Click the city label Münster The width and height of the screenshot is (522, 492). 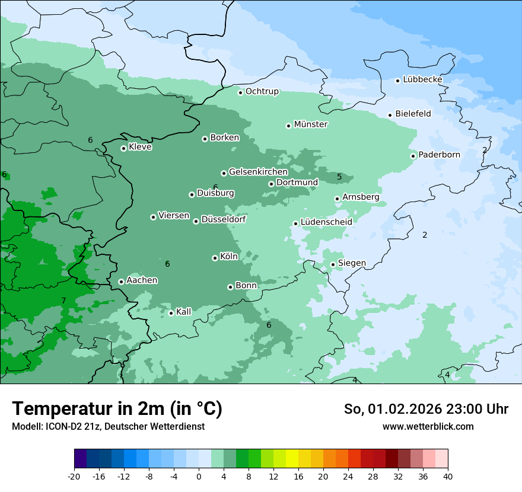coord(311,124)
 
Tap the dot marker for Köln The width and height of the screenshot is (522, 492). coord(215,258)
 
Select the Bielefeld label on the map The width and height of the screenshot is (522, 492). coord(413,114)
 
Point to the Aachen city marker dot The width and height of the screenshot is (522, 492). coord(121,282)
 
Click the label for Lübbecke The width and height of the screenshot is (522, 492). coord(422,79)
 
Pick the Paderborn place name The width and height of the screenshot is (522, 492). coord(439,155)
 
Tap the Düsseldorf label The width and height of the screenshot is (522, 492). coord(224,219)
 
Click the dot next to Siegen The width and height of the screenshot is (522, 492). coord(333,264)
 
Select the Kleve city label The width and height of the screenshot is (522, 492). coord(141,147)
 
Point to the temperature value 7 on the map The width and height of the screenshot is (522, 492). coord(63,301)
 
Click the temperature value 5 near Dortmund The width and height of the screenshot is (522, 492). coord(339,177)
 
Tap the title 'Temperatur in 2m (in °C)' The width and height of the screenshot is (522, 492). coord(117,409)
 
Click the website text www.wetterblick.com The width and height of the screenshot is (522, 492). coord(428,426)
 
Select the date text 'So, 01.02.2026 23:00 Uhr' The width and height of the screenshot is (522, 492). coord(426,409)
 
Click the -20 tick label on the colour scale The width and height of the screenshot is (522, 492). coord(74,476)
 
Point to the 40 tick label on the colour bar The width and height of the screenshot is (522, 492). coord(448,476)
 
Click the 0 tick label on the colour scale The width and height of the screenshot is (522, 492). coord(199,476)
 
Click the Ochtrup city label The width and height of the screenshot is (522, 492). coord(262,91)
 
